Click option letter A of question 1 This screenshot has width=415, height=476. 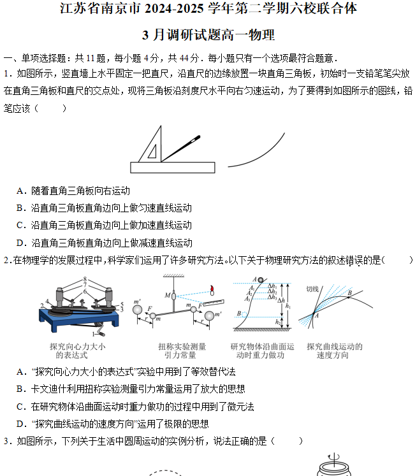pyautogui.click(x=21, y=191)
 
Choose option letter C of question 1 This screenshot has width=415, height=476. pyautogui.click(x=21, y=226)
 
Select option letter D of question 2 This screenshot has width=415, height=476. pyautogui.click(x=21, y=424)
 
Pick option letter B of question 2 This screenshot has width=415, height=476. pyautogui.click(x=21, y=389)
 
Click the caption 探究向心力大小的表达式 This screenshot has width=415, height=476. pyautogui.click(x=77, y=351)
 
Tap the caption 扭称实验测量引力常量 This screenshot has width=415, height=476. pyautogui.click(x=182, y=351)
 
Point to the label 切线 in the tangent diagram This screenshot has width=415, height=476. pyautogui.click(x=312, y=289)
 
